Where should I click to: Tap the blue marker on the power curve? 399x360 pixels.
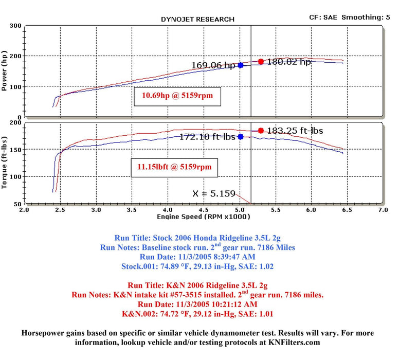pyautogui.click(x=241, y=65)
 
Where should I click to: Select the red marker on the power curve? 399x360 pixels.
pyautogui.click(x=261, y=62)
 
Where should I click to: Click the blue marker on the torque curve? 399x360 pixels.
pyautogui.click(x=241, y=137)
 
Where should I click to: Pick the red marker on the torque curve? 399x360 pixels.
pyautogui.click(x=261, y=131)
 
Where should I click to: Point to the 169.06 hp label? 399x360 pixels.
pyautogui.click(x=213, y=66)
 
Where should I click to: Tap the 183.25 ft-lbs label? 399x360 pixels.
pyautogui.click(x=295, y=131)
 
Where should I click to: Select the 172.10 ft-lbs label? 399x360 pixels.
pyautogui.click(x=207, y=137)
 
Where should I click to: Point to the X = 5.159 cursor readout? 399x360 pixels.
pyautogui.click(x=213, y=194)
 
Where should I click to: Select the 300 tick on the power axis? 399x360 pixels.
pyautogui.click(x=15, y=26)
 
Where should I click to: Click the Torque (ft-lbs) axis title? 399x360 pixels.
pyautogui.click(x=5, y=162)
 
